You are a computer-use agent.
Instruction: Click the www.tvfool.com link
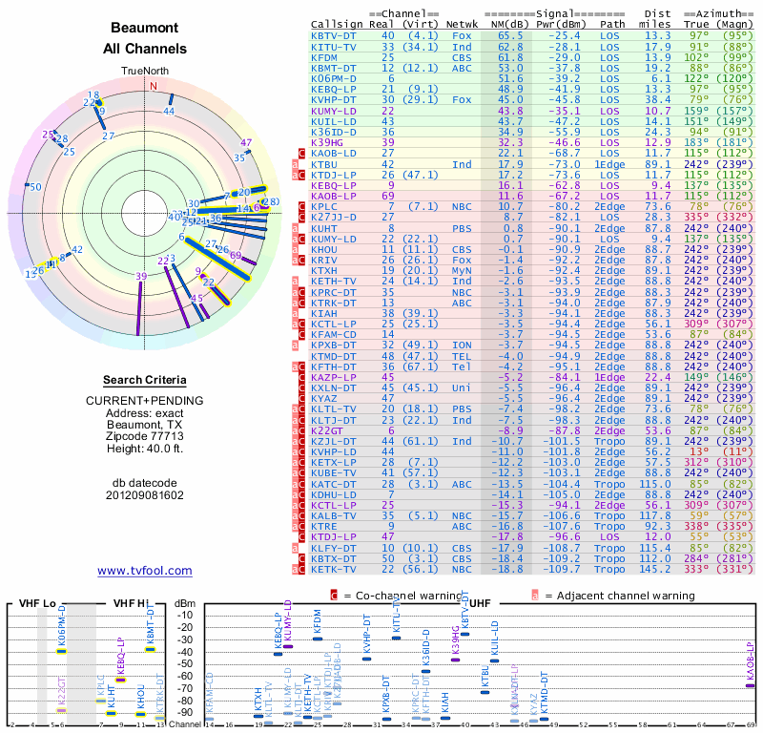(144, 571)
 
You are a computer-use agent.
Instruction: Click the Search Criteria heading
(144, 380)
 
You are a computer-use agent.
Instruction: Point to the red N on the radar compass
(153, 85)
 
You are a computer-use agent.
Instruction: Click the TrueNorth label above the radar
(144, 72)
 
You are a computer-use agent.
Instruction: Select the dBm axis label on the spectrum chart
(184, 603)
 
